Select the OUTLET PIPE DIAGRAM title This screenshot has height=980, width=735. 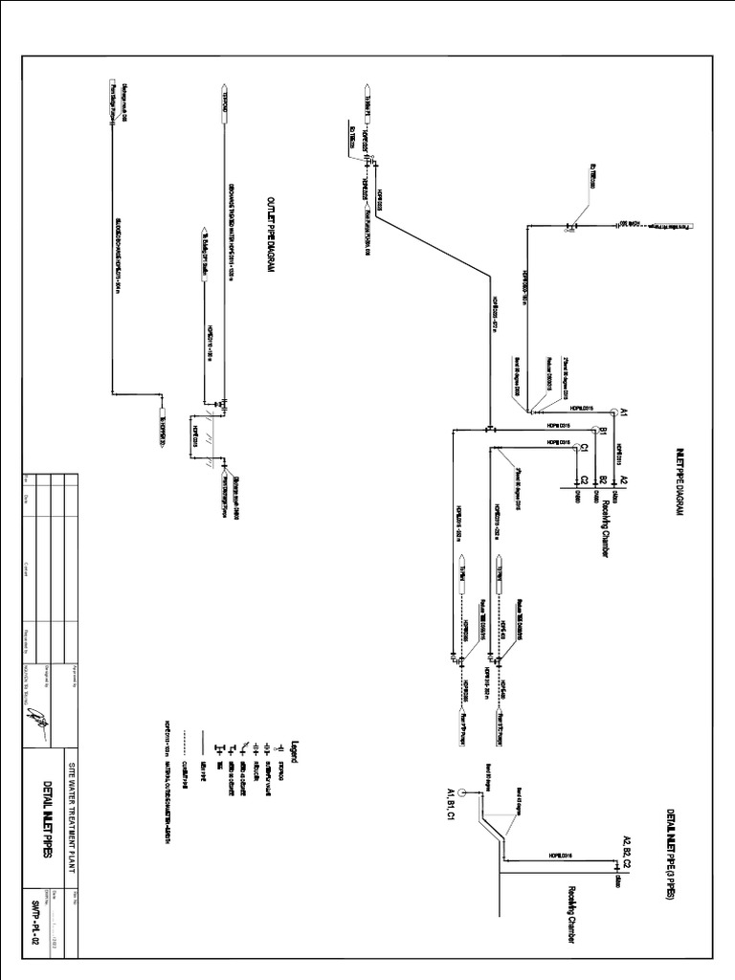(x=271, y=235)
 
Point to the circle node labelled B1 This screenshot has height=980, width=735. (x=591, y=433)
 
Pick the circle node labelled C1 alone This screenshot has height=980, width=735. (x=571, y=449)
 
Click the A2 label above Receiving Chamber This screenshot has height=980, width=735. (x=623, y=479)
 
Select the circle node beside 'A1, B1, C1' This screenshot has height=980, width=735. (x=461, y=792)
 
